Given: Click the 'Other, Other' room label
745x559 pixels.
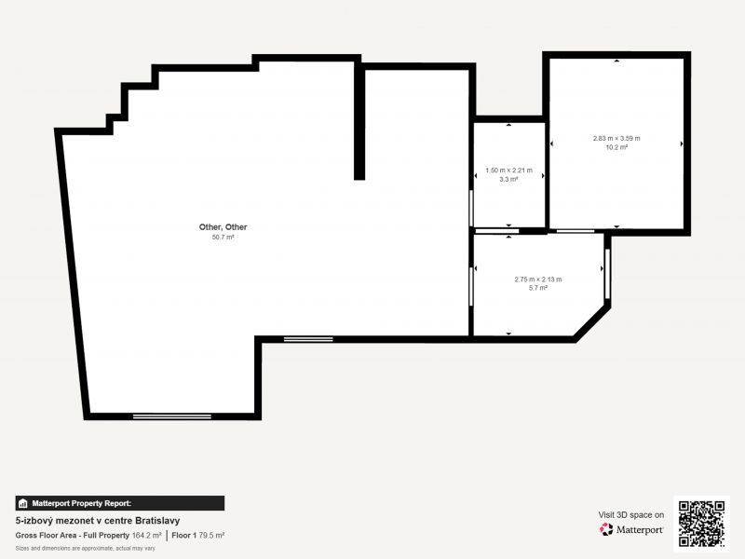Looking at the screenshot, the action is click(223, 227).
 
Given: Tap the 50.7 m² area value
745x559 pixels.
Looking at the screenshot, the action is click(223, 238).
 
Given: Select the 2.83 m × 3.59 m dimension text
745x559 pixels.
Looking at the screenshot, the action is click(616, 138).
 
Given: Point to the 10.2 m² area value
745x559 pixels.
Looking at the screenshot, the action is click(616, 147).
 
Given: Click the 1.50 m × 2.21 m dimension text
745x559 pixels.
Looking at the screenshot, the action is click(508, 170).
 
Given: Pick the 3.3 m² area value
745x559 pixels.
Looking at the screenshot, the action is click(508, 179).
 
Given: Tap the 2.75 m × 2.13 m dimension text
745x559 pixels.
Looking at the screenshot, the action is click(538, 279).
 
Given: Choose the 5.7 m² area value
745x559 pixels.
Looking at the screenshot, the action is click(538, 288).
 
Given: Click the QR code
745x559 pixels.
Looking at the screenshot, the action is click(701, 524).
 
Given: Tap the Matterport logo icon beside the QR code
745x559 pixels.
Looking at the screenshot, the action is click(606, 529).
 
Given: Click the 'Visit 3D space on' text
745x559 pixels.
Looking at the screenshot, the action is click(631, 515).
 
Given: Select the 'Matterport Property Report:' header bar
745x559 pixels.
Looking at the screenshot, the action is click(120, 503).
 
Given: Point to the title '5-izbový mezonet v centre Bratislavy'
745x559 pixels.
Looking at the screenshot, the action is click(98, 521).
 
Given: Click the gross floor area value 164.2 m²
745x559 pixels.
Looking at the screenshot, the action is click(146, 535).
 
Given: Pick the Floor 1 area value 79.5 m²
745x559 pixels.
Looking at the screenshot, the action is click(211, 535).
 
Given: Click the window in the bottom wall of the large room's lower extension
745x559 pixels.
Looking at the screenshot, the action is click(172, 416).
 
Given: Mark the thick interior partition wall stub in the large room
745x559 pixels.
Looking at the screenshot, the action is click(359, 121).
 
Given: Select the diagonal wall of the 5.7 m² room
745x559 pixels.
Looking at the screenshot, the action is click(592, 323).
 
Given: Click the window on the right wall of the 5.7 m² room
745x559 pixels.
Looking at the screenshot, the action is click(607, 274).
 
